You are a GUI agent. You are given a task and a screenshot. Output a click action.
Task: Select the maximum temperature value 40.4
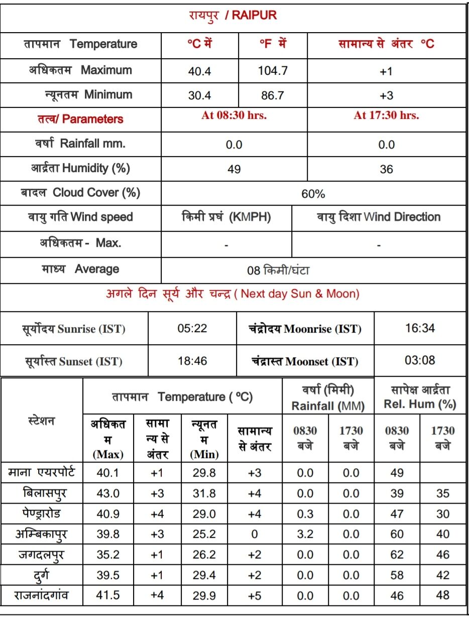pyautogui.click(x=199, y=71)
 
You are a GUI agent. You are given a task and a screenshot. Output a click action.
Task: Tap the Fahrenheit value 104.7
pyautogui.click(x=273, y=71)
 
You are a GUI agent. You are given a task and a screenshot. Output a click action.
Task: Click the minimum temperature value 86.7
pyautogui.click(x=273, y=95)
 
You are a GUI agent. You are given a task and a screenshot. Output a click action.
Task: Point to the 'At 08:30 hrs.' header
pyautogui.click(x=234, y=115)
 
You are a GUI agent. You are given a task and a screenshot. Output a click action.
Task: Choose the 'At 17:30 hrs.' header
pyautogui.click(x=386, y=115)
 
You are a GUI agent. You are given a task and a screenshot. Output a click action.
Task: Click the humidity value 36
pyautogui.click(x=386, y=170)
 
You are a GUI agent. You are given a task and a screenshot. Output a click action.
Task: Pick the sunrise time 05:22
pyautogui.click(x=192, y=329)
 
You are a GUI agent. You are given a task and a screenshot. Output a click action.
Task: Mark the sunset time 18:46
pyautogui.click(x=192, y=361)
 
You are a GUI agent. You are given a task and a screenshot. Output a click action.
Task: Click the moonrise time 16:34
pyautogui.click(x=420, y=329)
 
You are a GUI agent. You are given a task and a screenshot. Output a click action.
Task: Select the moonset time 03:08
pyautogui.click(x=420, y=360)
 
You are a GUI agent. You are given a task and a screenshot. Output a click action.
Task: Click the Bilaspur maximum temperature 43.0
pyautogui.click(x=108, y=494)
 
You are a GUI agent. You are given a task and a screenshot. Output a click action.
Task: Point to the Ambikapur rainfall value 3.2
pyautogui.click(x=305, y=534)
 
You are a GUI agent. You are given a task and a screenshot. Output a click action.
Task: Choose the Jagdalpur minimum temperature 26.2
pyautogui.click(x=204, y=555)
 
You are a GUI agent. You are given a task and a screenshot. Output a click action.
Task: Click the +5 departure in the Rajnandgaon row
pyautogui.click(x=254, y=596)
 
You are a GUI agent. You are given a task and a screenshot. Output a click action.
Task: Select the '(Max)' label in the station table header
pyautogui.click(x=108, y=455)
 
